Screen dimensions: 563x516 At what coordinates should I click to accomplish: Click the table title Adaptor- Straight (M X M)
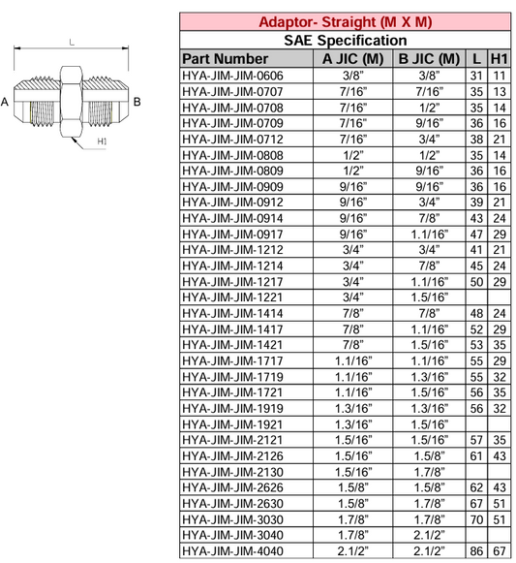tap(346, 22)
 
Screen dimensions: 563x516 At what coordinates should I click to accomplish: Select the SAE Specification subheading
tap(346, 41)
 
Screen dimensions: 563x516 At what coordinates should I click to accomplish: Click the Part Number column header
tap(226, 58)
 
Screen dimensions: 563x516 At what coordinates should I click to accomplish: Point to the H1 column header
tap(500, 58)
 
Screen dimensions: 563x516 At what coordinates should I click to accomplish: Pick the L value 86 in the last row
tap(473, 550)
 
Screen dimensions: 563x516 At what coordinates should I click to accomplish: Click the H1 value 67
tap(500, 550)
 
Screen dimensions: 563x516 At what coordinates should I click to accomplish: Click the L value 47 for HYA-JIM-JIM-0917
tap(473, 234)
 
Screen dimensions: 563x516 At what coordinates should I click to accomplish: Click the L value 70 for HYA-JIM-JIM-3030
tap(473, 518)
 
